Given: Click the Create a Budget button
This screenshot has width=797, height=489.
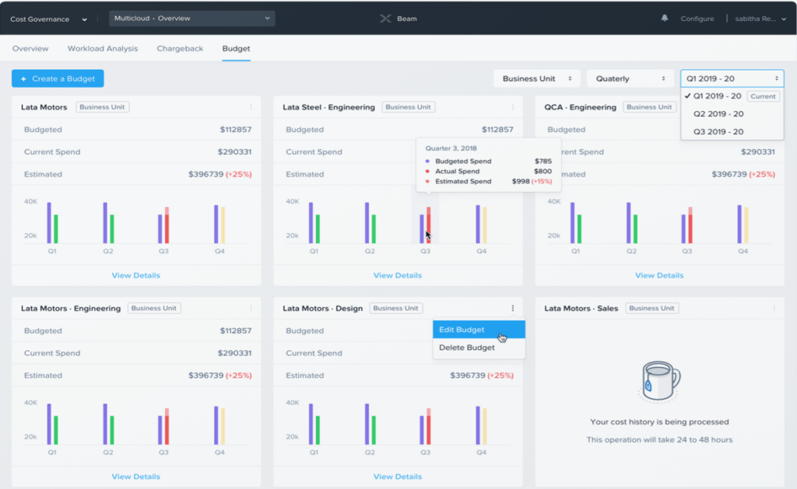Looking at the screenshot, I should coord(58,79).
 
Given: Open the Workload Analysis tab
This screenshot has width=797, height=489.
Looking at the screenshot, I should coord(103,48).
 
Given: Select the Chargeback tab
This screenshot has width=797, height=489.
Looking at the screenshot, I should coord(180,48).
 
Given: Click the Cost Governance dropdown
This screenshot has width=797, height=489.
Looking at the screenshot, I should coord(50,19).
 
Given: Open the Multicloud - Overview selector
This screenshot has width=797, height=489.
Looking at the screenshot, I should coord(191,18).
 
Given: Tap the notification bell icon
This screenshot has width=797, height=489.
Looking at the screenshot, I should coord(665,18).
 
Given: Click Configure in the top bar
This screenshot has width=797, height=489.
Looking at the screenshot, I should coord(697,19).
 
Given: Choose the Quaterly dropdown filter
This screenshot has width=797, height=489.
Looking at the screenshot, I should coord(630,79).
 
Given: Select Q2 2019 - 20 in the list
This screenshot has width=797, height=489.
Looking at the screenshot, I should coord(718,114).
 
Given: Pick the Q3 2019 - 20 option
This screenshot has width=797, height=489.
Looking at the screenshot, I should coord(718,132).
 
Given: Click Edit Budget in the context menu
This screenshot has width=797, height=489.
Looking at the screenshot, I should coord(462,330).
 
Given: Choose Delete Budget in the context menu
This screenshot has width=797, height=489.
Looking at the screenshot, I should coord(466,348).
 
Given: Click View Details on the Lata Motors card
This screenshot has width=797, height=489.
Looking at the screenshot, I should coord(136,275).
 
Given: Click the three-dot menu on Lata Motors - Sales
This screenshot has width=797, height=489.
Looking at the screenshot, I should coord(774,309).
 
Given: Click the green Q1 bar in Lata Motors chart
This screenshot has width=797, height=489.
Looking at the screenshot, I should coord(56,229).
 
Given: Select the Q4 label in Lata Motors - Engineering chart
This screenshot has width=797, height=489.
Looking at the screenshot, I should coord(219,452).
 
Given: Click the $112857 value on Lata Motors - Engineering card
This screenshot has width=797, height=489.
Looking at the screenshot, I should coord(235,330).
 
